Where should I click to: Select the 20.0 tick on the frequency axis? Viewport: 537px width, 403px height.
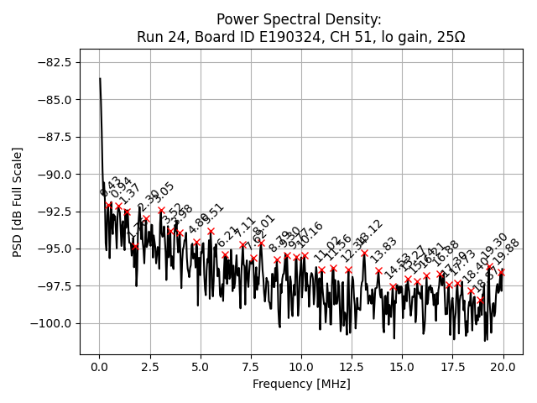point(503,367)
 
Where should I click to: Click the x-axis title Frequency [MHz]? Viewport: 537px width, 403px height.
point(301,385)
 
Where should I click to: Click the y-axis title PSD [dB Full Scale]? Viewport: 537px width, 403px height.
point(18,201)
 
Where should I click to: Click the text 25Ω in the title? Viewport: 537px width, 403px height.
point(449,38)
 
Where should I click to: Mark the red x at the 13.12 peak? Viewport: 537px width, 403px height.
point(364,254)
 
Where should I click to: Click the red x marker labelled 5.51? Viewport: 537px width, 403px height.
point(211,231)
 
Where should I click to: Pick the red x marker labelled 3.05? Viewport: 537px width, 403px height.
point(161,211)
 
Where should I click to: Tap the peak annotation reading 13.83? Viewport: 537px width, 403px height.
point(383,249)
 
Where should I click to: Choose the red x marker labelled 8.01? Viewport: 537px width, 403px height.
point(261,243)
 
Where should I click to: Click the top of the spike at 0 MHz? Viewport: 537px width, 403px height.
point(100,79)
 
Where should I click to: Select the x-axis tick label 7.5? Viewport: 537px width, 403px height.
point(251,367)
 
